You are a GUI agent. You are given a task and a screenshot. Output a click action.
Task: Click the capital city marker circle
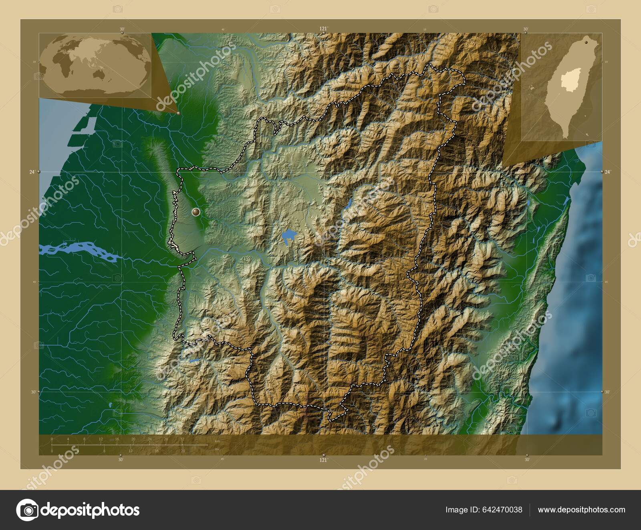[x=196, y=212]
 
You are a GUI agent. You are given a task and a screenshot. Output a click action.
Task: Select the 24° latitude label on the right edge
[x=608, y=172]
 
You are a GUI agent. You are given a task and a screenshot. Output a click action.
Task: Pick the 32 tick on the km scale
[x=182, y=439]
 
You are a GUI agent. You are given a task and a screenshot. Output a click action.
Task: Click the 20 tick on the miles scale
[x=182, y=451]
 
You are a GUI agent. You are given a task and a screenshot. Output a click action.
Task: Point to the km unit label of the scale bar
[x=218, y=441]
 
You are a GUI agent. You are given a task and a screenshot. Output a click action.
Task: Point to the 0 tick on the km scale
[x=52, y=439]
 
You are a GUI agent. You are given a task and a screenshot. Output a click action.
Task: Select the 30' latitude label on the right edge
[x=608, y=392]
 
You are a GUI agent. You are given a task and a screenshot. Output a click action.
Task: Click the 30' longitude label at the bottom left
[x=121, y=460]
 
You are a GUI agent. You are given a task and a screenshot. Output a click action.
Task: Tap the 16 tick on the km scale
[x=117, y=439]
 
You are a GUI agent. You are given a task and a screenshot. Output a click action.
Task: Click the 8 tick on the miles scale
[x=104, y=451]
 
